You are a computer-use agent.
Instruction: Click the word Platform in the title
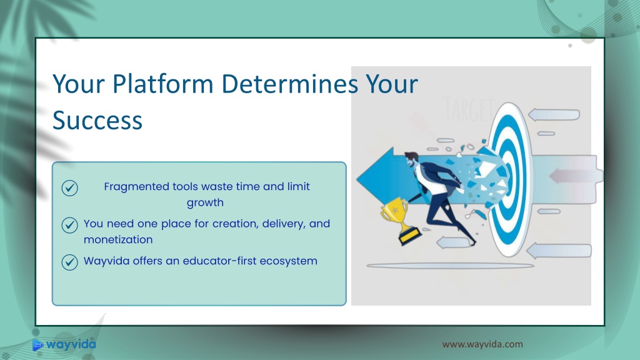pos(162,84)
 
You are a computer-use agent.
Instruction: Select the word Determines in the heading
pos(290,84)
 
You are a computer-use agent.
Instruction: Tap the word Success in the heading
pos(97,121)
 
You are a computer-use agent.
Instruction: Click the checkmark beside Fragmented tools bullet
pos(70,188)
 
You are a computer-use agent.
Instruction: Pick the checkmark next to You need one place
pos(70,225)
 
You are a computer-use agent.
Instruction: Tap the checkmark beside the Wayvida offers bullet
pos(70,262)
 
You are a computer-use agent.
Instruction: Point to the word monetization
pos(118,239)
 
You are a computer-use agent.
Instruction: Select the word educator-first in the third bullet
pos(219,261)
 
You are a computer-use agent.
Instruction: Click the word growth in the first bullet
pos(205,203)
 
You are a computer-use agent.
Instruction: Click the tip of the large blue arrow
pos(357,178)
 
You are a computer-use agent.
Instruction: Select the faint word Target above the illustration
pos(468,109)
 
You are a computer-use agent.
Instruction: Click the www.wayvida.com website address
pos(482,344)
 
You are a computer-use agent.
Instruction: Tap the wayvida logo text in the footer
pos(71,344)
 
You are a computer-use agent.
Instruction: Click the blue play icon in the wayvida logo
pos(37,345)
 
